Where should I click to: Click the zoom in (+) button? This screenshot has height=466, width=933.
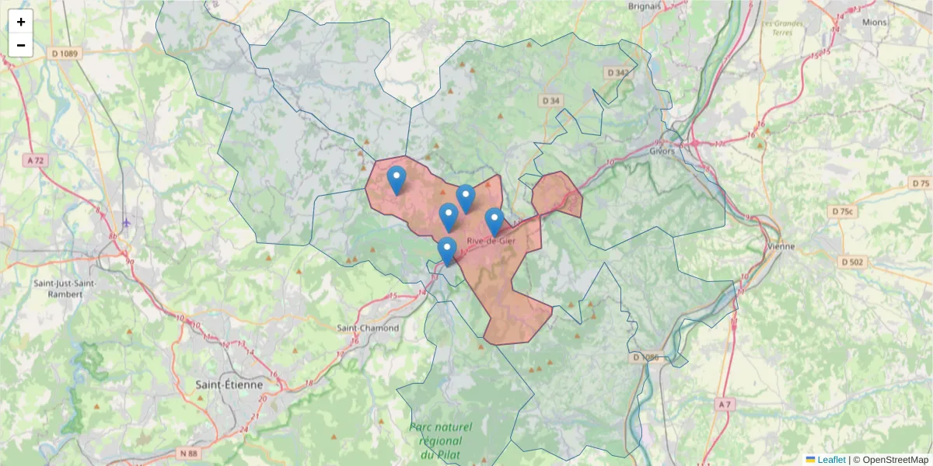pyautogui.click(x=21, y=22)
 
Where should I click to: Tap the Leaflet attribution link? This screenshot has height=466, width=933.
pyautogui.click(x=831, y=460)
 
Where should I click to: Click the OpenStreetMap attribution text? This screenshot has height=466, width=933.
pyautogui.click(x=895, y=460)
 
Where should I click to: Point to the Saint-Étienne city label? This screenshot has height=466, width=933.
pyautogui.click(x=229, y=384)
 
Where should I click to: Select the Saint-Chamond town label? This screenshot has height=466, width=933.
pyautogui.click(x=368, y=328)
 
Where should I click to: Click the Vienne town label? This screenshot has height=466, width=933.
pyautogui.click(x=781, y=247)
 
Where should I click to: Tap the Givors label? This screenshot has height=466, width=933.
pyautogui.click(x=662, y=151)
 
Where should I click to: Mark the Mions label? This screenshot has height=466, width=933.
pyautogui.click(x=874, y=22)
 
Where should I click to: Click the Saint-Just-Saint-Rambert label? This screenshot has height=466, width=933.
pyautogui.click(x=65, y=289)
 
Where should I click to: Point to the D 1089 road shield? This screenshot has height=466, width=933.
pyautogui.click(x=65, y=53)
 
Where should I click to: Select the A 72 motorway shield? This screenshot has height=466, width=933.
pyautogui.click(x=36, y=160)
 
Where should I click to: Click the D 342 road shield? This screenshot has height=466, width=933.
pyautogui.click(x=618, y=72)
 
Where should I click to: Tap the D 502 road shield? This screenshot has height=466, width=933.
pyautogui.click(x=852, y=262)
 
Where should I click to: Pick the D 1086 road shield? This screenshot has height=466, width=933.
pyautogui.click(x=646, y=357)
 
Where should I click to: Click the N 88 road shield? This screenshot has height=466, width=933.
pyautogui.click(x=188, y=453)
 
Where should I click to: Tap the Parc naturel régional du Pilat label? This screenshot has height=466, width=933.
pyautogui.click(x=441, y=440)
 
